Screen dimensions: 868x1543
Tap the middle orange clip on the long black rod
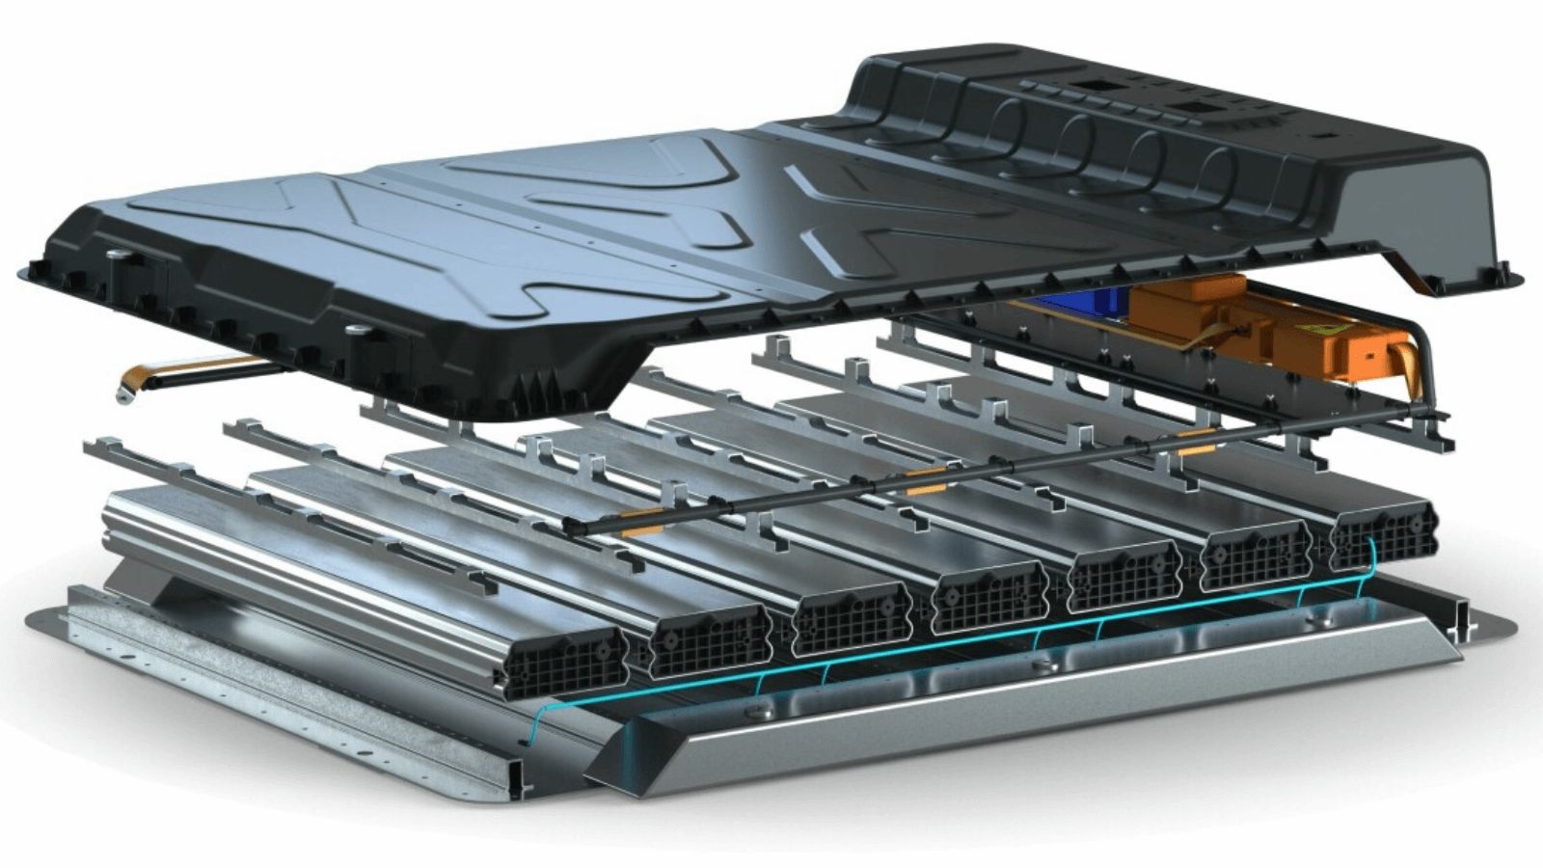[x=926, y=475]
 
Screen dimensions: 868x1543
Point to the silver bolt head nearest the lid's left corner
[x=117, y=255]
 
